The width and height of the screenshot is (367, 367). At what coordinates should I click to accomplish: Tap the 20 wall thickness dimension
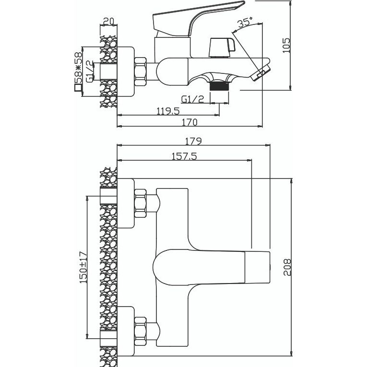click(108, 21)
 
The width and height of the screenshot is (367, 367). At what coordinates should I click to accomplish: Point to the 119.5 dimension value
click(168, 111)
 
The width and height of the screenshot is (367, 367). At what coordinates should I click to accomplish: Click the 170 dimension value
click(190, 122)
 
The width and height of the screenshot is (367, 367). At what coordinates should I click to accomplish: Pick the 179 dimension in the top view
click(193, 141)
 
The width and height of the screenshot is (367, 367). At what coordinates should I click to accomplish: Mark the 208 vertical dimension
click(286, 268)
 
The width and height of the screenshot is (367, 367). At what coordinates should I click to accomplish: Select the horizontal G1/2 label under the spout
click(193, 99)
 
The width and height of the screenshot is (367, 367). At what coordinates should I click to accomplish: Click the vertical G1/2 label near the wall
click(89, 71)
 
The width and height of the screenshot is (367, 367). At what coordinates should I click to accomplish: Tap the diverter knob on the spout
click(221, 47)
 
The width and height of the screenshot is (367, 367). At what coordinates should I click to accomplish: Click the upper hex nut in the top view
click(141, 203)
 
